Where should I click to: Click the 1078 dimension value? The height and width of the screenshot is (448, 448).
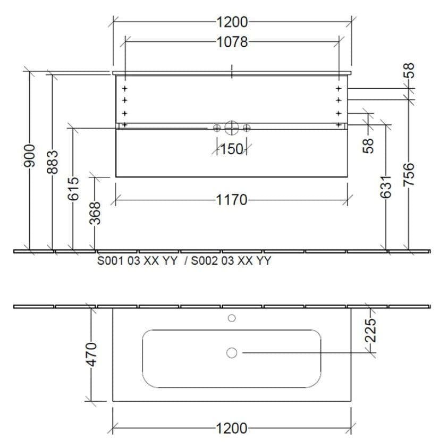pyautogui.click(x=232, y=42)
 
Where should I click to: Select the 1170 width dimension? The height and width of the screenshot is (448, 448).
pyautogui.click(x=231, y=200)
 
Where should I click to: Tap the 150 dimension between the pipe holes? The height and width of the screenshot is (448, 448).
pyautogui.click(x=232, y=149)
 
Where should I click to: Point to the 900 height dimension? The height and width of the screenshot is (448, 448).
pyautogui.click(x=29, y=155)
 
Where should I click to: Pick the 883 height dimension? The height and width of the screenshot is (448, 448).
pyautogui.click(x=52, y=162)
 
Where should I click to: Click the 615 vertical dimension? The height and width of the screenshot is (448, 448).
pyautogui.click(x=73, y=189)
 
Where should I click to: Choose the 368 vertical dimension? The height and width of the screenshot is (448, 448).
pyautogui.click(x=95, y=213)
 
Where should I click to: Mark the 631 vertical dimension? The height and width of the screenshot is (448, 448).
pyautogui.click(x=386, y=187)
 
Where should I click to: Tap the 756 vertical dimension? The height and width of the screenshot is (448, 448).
pyautogui.click(x=409, y=174)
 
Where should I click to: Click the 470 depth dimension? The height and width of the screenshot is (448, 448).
pyautogui.click(x=91, y=354)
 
